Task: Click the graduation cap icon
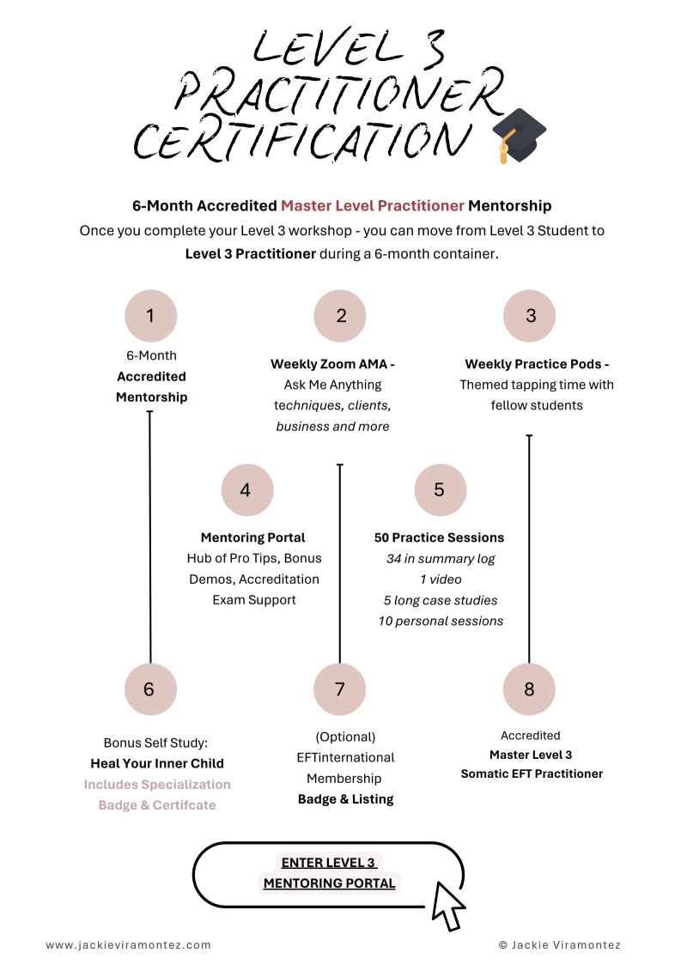[x=518, y=136]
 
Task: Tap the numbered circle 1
[x=150, y=316]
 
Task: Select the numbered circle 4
[x=246, y=490]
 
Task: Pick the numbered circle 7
[x=339, y=689]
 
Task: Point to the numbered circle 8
[x=529, y=689]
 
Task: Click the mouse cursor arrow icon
[x=447, y=905]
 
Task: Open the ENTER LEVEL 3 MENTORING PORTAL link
[x=329, y=872]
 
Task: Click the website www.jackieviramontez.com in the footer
[x=128, y=944]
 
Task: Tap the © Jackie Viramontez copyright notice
[x=559, y=944]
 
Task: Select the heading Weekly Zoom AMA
[x=332, y=364]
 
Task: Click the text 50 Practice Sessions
[x=439, y=537]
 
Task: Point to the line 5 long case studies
[x=441, y=600]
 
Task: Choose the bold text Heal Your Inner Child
[x=157, y=763]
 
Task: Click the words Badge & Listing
[x=345, y=798]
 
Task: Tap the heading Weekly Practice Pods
[x=537, y=364]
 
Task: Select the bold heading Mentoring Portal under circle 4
[x=252, y=537]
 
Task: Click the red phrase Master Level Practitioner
[x=373, y=206]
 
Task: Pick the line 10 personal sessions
[x=441, y=621]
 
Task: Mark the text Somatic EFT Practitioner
[x=532, y=774]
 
